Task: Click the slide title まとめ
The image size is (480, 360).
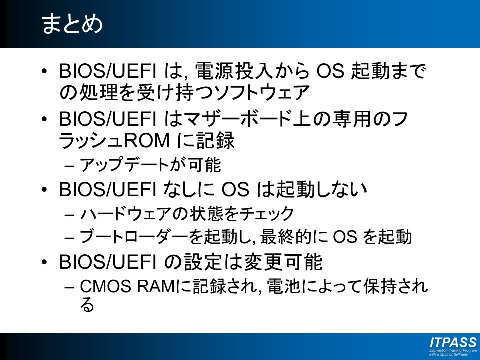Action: [x=72, y=24]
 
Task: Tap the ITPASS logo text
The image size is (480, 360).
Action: [x=453, y=342]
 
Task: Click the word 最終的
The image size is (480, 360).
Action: [x=283, y=237]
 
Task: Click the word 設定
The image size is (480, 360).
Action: [x=203, y=262]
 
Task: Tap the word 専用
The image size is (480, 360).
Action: [x=352, y=119]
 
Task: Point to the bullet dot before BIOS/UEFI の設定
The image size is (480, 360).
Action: [x=44, y=262]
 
